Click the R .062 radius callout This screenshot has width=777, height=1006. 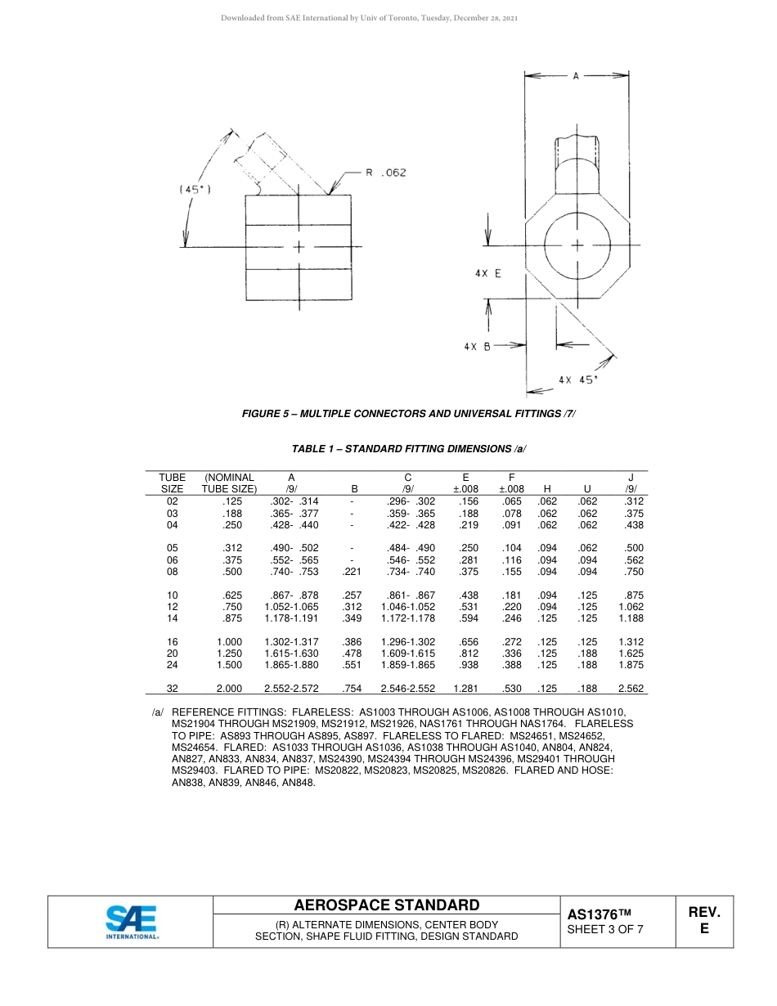click(385, 173)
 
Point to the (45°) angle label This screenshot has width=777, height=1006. click(195, 189)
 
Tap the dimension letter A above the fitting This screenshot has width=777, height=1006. click(576, 76)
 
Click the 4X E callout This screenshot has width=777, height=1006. click(487, 274)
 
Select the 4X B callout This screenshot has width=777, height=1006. click(477, 346)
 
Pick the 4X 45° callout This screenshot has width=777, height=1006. click(578, 379)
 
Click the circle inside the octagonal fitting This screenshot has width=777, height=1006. click(577, 245)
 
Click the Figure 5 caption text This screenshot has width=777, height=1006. click(408, 414)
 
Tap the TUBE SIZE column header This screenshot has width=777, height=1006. click(172, 483)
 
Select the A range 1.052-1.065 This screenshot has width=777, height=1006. click(291, 607)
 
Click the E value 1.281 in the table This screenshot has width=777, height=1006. click(465, 689)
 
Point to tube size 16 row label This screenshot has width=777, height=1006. click(172, 642)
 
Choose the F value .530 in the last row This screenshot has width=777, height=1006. click(511, 689)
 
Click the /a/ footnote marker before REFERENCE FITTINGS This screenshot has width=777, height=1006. click(158, 712)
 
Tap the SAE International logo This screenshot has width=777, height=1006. click(132, 922)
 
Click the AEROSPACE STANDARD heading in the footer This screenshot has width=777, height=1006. click(387, 905)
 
